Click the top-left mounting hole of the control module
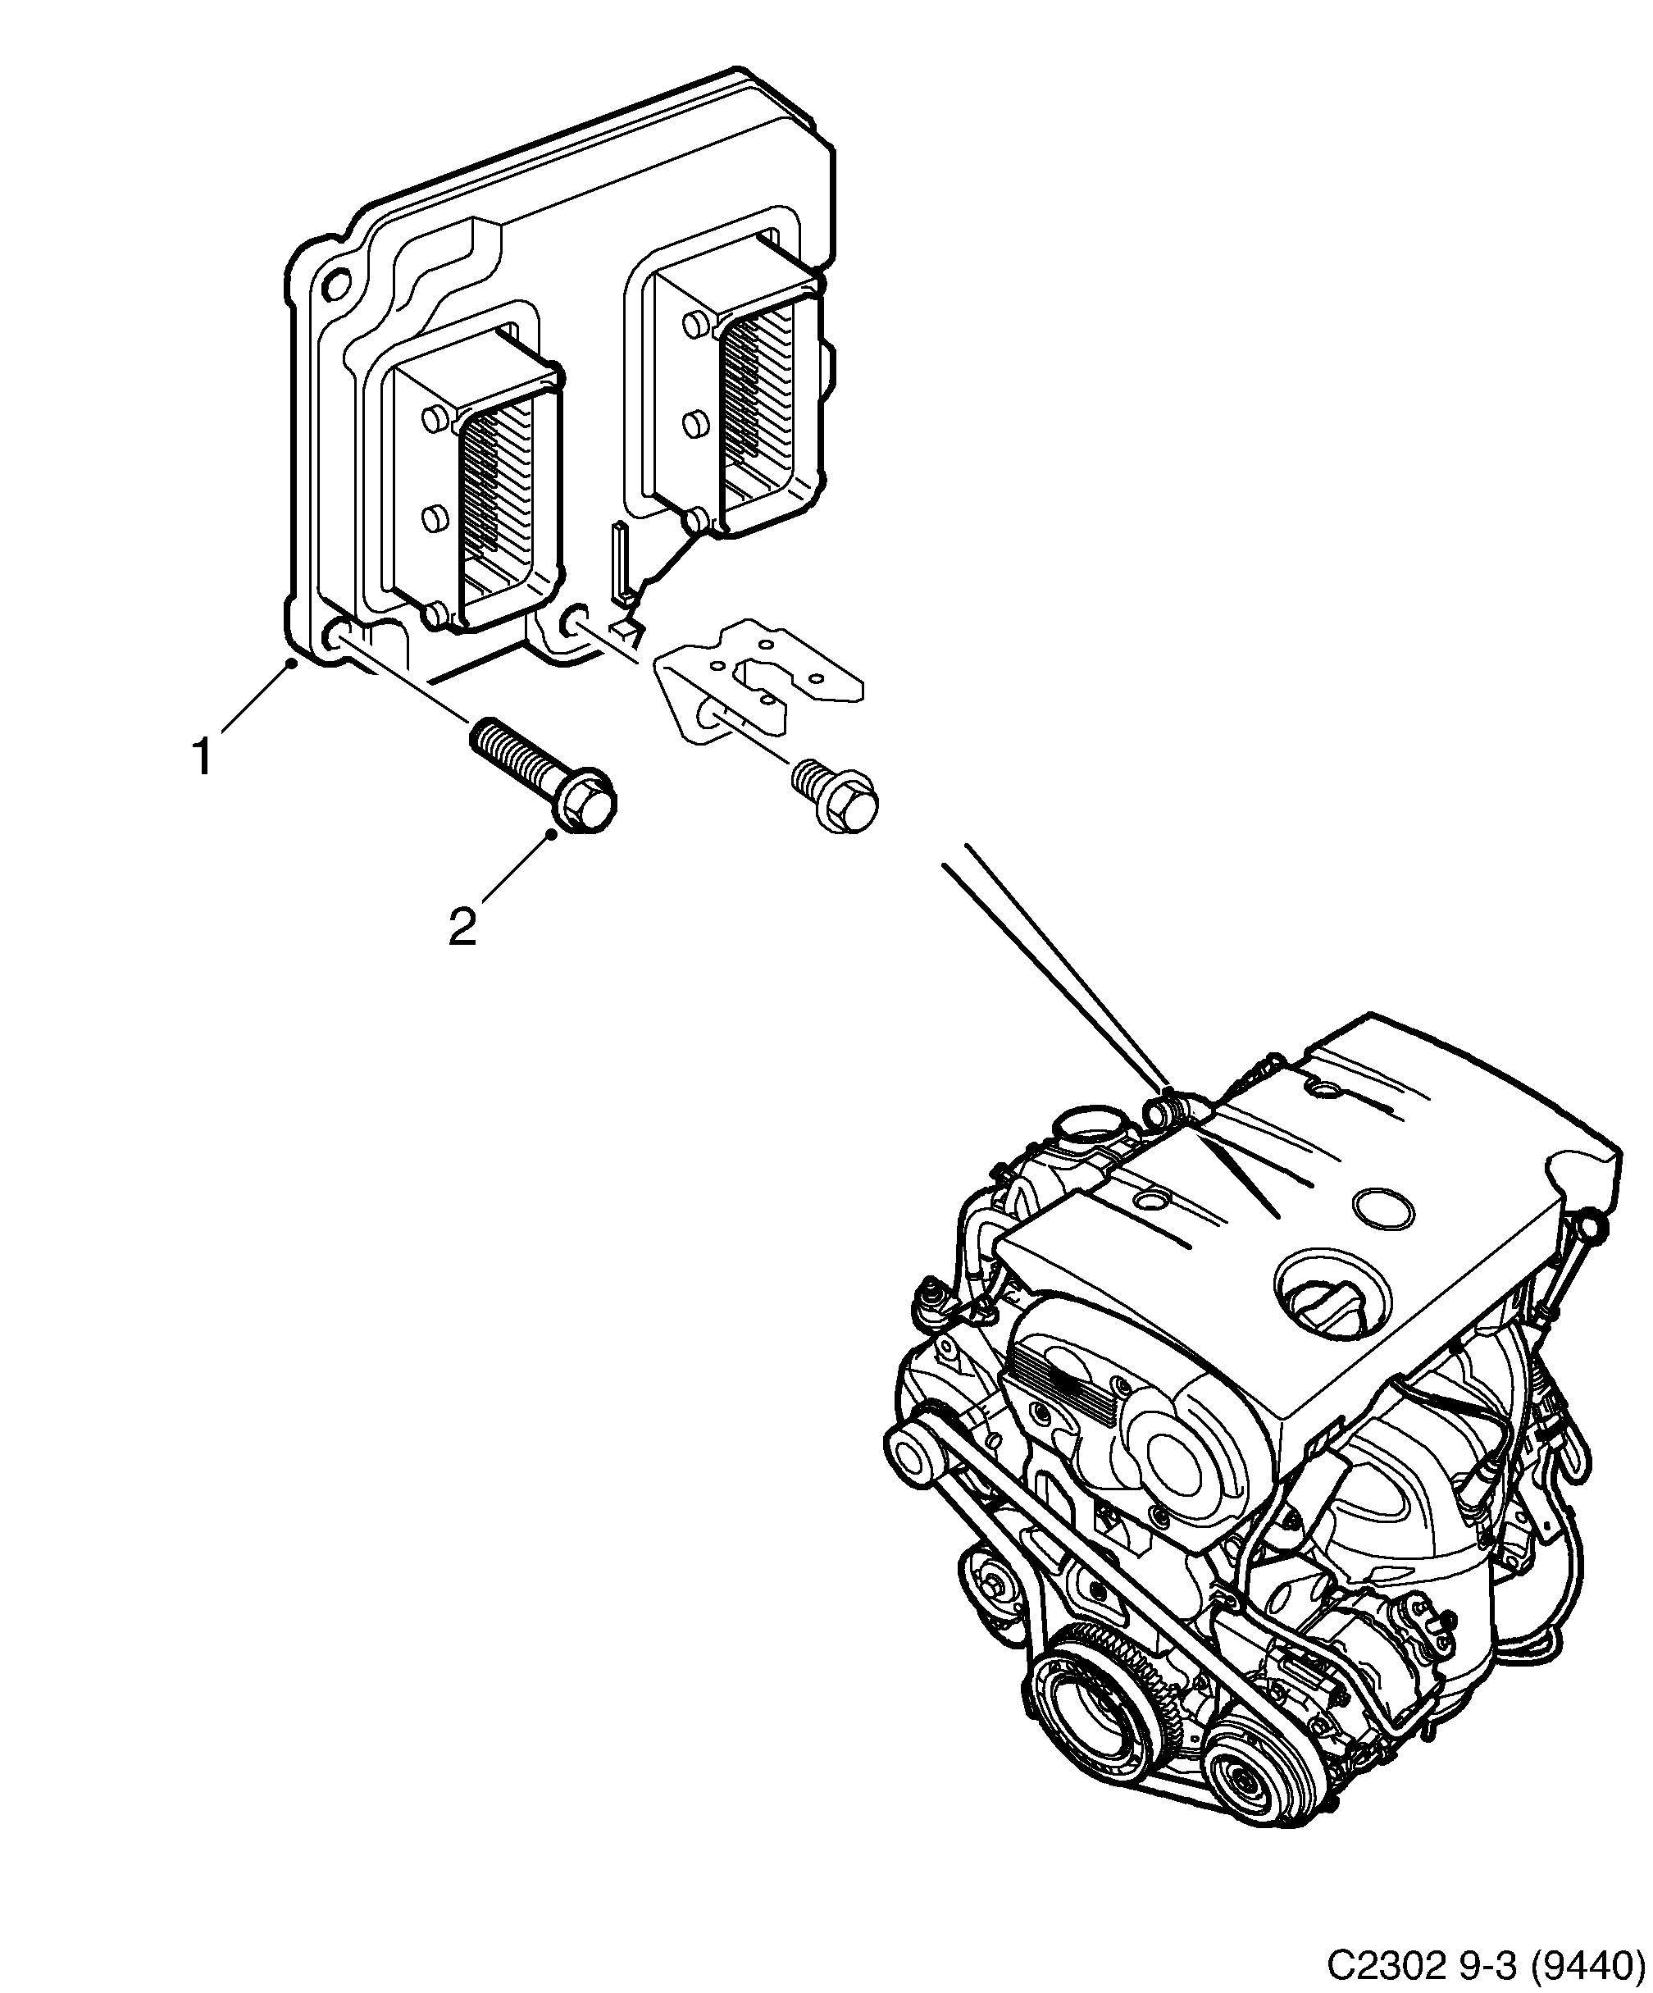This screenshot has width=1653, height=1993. [x=337, y=285]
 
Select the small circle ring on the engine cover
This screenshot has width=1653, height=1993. [x=1382, y=1208]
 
